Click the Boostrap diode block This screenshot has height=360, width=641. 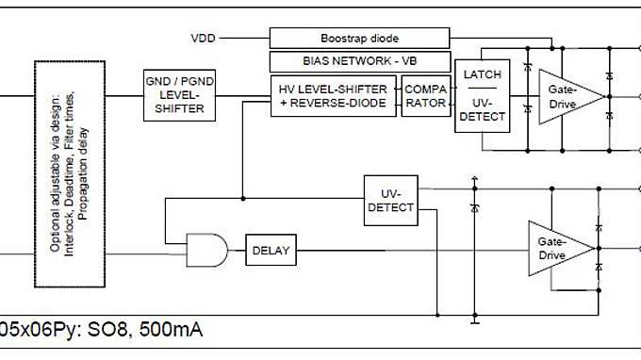pos(359,38)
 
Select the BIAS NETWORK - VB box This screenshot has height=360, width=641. pos(359,62)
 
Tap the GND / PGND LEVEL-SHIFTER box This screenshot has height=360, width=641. pos(174,95)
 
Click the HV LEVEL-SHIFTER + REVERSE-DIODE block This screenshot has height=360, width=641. pos(334,95)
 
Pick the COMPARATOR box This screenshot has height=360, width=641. pos(425,95)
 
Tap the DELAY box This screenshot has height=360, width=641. pos(271,251)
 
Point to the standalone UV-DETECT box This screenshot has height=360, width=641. pos(389,199)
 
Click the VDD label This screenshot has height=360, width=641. pos(203,38)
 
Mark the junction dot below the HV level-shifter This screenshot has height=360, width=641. pos(243,198)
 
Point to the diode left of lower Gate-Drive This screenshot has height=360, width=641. pos(472,205)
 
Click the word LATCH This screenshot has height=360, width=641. pos(481,74)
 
